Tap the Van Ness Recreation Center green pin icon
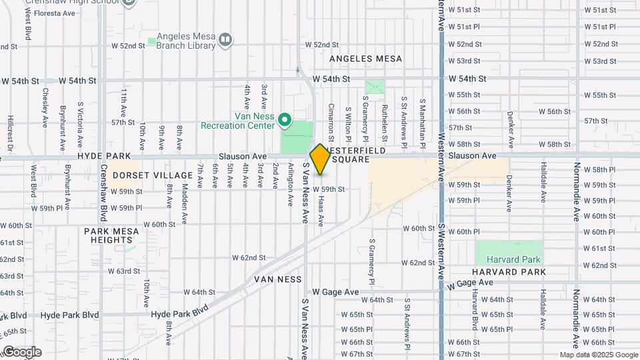pos(285,120)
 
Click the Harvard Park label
pos(509,259)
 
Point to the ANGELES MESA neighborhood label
pos(366,59)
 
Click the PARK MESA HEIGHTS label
pos(111,235)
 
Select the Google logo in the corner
pos(21,351)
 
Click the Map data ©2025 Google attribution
pos(598,355)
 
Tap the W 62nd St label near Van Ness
pos(249,257)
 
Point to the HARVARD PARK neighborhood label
pos(509,272)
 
